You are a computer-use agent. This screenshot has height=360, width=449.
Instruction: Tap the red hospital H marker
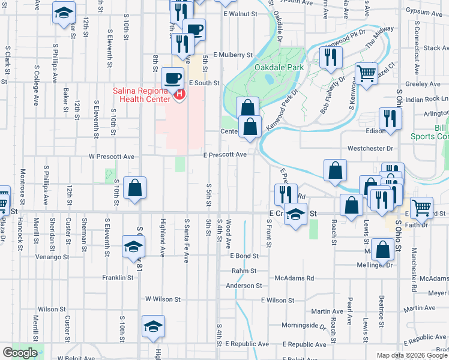(179, 94)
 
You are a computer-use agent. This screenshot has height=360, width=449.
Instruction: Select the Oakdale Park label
(279, 68)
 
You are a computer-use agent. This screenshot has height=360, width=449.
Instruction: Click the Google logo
(20, 353)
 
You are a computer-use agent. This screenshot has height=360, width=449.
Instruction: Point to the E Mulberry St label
(232, 55)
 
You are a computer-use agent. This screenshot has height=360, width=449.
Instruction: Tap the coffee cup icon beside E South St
(173, 77)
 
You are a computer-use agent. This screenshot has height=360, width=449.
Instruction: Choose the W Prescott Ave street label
(112, 157)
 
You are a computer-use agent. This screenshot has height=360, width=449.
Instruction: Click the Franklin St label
(117, 278)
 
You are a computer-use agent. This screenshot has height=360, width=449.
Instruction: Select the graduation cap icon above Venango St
(133, 245)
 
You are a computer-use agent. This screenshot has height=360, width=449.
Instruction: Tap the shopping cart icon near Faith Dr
(422, 207)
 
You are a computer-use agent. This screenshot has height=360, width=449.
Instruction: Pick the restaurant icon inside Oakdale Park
(330, 56)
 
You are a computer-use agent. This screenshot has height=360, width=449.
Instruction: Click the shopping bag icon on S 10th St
(135, 187)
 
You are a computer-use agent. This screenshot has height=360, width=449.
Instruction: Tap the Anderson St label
(244, 286)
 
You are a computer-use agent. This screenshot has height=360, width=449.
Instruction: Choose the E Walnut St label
(240, 13)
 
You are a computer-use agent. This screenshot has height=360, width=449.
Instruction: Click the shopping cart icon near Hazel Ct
(366, 73)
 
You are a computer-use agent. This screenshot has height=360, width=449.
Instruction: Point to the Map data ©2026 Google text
(412, 355)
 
